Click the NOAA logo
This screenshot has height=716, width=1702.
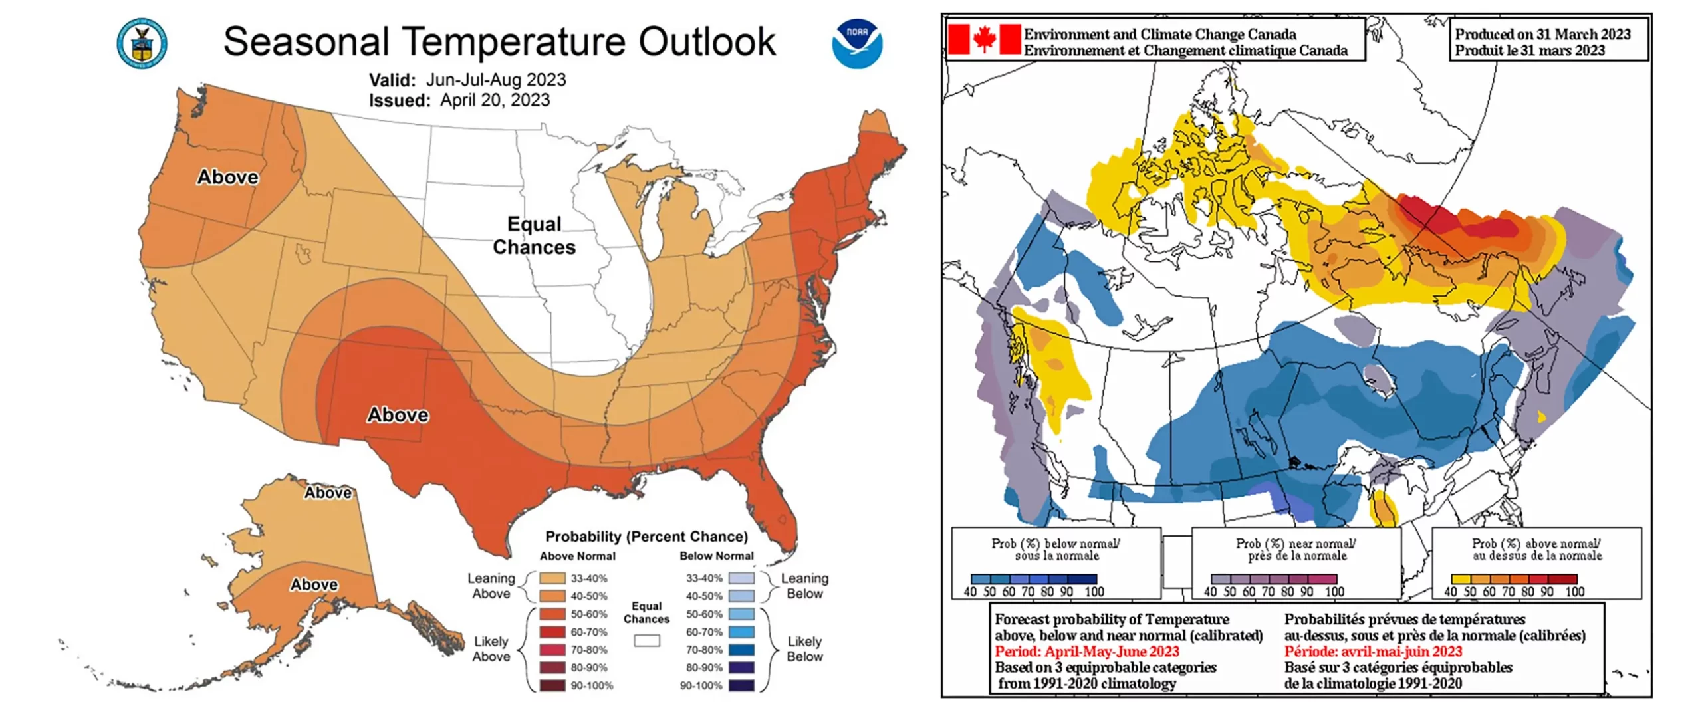click(857, 44)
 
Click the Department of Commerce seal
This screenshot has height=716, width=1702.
click(142, 44)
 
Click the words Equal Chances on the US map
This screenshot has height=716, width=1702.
click(534, 236)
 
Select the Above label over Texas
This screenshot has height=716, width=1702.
click(398, 415)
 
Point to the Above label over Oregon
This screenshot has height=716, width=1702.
click(227, 177)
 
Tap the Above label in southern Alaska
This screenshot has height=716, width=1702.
click(314, 584)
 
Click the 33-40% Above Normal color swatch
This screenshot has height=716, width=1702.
click(552, 578)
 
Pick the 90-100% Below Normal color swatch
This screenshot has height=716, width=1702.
click(742, 685)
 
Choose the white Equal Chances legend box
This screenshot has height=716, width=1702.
click(646, 641)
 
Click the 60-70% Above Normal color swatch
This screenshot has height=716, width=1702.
click(552, 632)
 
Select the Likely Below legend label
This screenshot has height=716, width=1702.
click(804, 649)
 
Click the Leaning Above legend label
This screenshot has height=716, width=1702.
click(491, 586)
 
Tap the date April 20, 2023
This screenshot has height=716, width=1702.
click(495, 100)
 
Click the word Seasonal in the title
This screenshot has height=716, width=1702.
click(306, 42)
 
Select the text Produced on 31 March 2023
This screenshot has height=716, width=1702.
click(1542, 34)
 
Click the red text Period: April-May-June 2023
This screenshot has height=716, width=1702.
click(1086, 652)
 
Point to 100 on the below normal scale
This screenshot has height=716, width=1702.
click(1094, 592)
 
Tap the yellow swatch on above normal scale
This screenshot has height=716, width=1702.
click(1461, 579)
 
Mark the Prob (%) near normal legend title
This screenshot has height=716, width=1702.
click(1296, 549)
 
